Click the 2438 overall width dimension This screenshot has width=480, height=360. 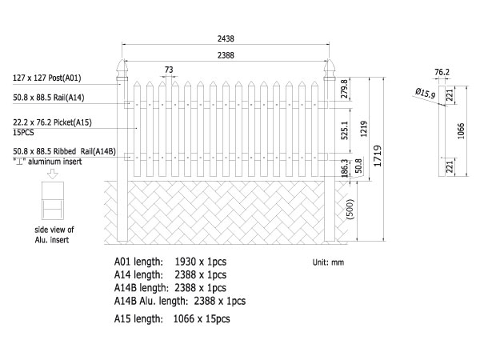click(226, 38)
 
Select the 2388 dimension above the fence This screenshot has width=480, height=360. click(226, 55)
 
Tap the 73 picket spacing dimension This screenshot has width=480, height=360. click(169, 70)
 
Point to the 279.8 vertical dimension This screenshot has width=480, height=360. click(344, 89)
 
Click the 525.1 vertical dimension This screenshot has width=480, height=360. click(344, 130)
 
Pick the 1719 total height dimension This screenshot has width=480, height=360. click(378, 156)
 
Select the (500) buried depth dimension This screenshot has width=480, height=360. click(350, 209)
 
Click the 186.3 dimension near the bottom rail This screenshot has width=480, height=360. click(344, 168)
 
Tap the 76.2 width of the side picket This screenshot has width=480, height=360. click(442, 72)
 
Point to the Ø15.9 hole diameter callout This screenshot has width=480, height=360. click(426, 93)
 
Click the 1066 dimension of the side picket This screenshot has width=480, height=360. click(461, 131)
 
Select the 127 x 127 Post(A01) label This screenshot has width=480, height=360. click(47, 78)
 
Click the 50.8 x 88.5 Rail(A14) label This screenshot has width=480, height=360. click(48, 98)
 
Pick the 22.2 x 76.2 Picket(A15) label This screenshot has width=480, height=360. click(52, 122)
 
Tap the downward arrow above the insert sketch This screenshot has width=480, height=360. click(53, 174)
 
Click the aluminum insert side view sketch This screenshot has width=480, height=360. click(53, 201)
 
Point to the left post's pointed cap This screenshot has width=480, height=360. click(122, 68)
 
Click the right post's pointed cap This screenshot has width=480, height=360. click(330, 68)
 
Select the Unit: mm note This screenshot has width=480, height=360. click(328, 262)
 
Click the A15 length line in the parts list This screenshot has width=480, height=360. click(172, 319)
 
